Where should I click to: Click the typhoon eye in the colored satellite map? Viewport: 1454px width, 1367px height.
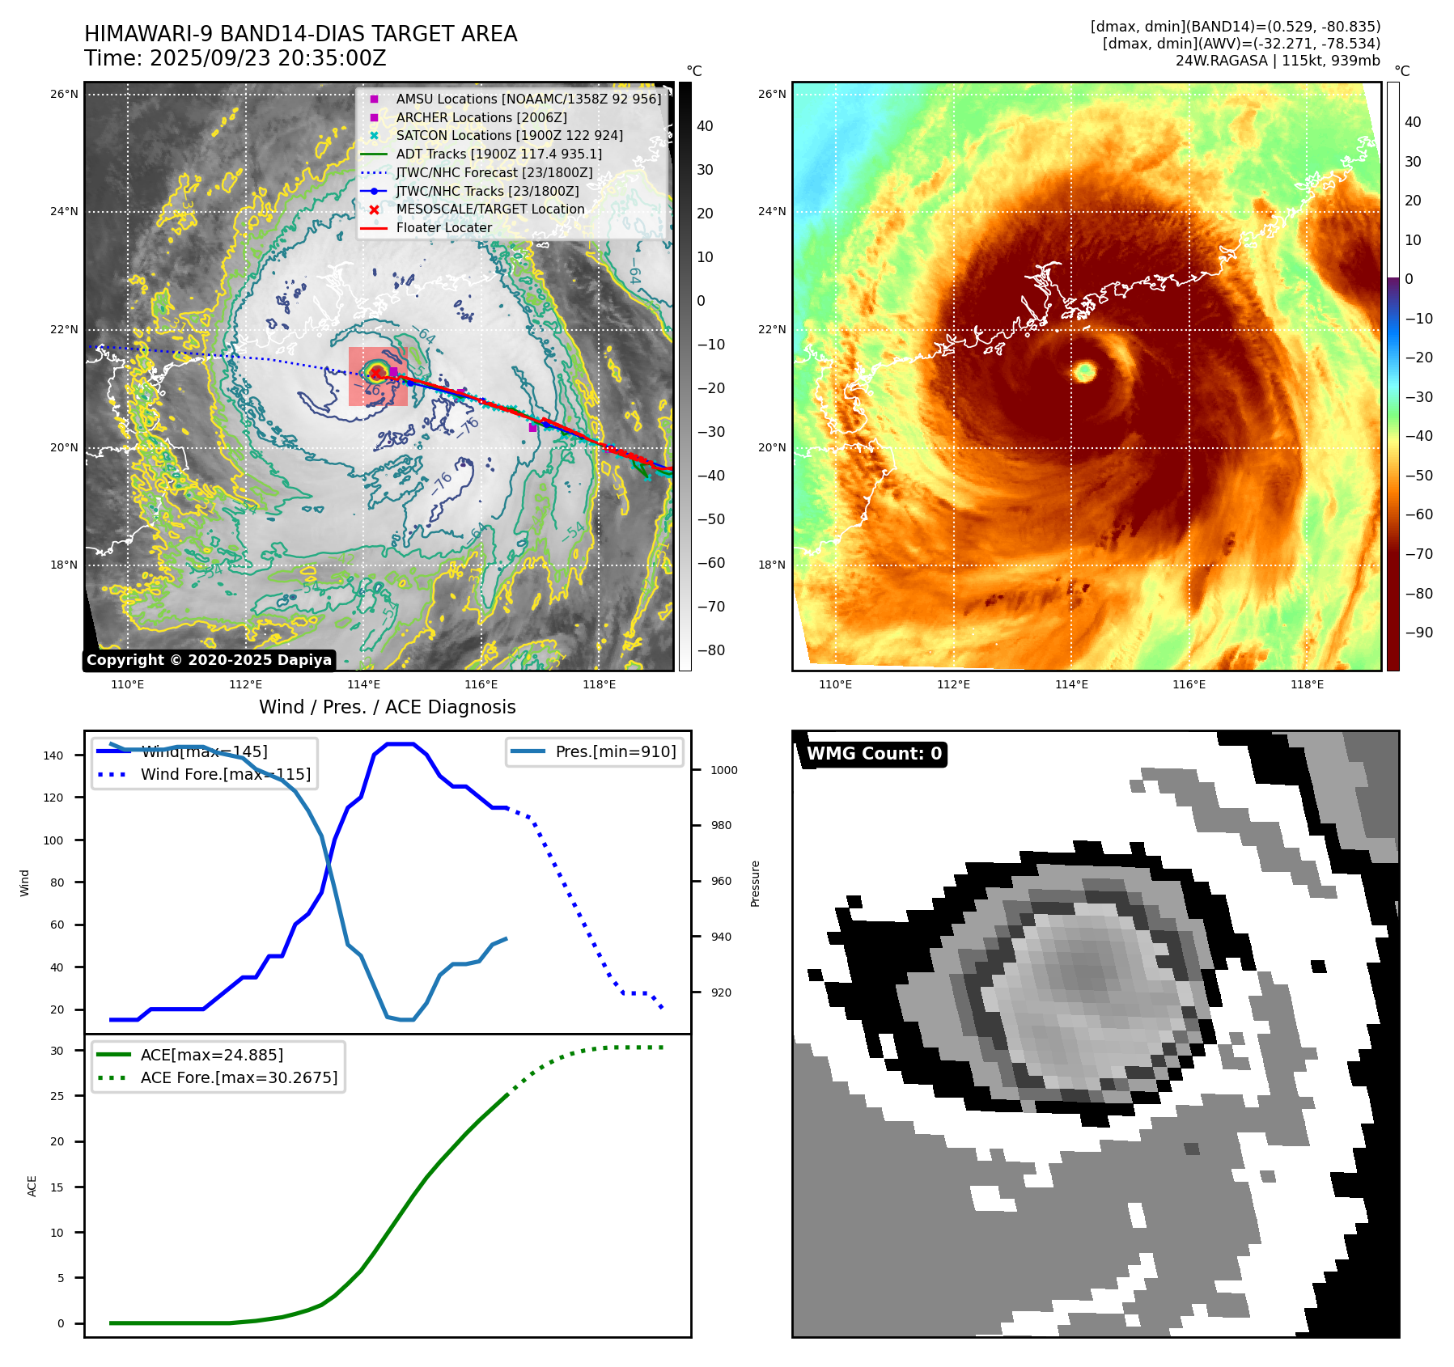tap(1084, 371)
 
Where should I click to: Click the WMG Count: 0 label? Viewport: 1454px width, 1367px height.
tap(874, 754)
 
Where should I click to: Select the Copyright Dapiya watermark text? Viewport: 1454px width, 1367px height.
tap(209, 660)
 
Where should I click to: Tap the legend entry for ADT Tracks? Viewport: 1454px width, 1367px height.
tap(498, 154)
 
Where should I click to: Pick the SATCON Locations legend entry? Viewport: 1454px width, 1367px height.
tap(509, 135)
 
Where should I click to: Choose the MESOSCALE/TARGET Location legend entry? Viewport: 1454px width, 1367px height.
tap(490, 209)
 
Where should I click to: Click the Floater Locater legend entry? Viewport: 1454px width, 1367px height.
tap(443, 227)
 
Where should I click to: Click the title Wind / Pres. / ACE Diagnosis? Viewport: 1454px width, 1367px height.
tap(387, 707)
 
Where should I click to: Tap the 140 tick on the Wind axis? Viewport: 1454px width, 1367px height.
tap(53, 755)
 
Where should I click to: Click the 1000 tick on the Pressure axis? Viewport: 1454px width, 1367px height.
tap(723, 770)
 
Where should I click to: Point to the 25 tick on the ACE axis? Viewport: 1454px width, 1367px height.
tap(57, 1096)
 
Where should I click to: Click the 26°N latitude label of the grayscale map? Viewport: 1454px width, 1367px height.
tap(64, 94)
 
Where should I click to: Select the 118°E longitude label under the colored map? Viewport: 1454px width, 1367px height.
tap(1307, 684)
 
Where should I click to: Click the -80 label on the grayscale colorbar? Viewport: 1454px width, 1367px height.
tap(711, 650)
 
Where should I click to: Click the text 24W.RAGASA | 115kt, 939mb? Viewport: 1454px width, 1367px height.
tap(1278, 61)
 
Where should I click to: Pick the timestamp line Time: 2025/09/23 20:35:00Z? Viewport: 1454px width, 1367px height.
tap(235, 59)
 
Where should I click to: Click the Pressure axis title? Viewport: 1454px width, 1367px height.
tap(755, 883)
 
